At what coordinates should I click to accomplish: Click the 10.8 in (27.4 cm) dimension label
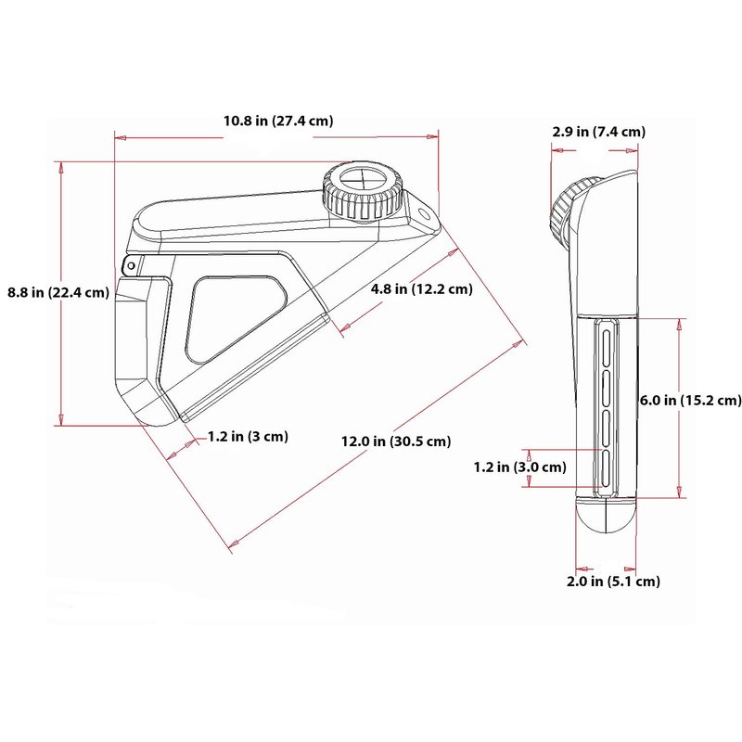(278, 122)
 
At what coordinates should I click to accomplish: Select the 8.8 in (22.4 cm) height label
(58, 292)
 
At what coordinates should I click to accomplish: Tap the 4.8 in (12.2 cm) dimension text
(422, 288)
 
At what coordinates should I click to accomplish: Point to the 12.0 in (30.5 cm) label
(396, 441)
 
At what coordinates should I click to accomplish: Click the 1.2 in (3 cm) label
(248, 436)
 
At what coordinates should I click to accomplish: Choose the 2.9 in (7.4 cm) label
(598, 132)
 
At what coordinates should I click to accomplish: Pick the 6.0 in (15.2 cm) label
(690, 401)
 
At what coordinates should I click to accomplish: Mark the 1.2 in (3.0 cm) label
(520, 467)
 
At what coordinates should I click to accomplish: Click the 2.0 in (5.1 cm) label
(613, 582)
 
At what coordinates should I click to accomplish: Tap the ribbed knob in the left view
(363, 193)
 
